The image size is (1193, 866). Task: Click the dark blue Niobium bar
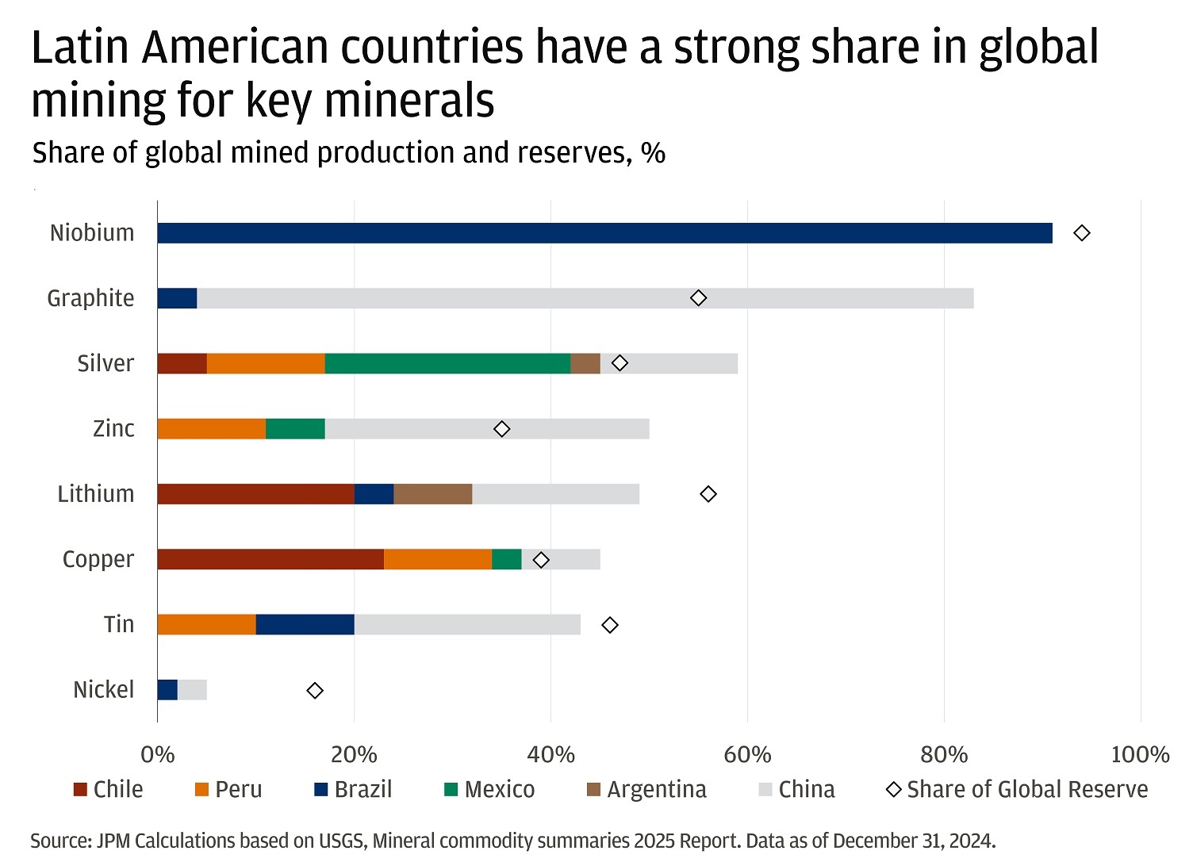point(604,233)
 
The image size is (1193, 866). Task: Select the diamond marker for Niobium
point(1081,233)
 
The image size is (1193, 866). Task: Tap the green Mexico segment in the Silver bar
point(447,363)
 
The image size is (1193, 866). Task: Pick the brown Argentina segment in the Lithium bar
point(433,494)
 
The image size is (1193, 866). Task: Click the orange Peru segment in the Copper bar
point(438,559)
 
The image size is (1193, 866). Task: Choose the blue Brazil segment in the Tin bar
point(305,625)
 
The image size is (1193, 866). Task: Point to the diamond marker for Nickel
point(315,691)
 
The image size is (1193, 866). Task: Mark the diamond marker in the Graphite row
point(698,298)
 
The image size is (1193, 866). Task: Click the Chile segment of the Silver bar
point(182,363)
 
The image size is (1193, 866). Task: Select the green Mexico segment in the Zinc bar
point(295,429)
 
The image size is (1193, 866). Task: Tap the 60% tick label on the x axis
point(747,754)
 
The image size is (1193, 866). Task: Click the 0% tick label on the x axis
point(157,754)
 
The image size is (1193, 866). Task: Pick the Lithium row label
point(96,494)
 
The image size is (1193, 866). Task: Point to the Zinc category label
point(113,429)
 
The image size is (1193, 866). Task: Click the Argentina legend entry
point(646,790)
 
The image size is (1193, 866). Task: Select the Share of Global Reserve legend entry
point(1018,790)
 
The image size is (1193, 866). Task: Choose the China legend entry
point(797,790)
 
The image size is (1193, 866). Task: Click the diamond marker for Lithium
point(708,494)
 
